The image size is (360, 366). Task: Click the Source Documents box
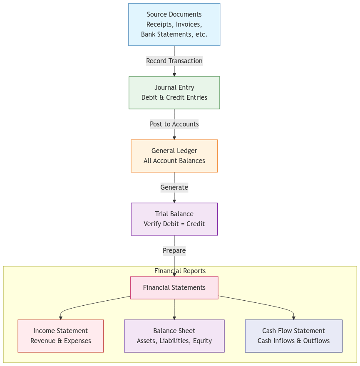(174, 25)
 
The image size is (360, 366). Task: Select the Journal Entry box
(174, 93)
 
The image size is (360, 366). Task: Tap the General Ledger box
(174, 156)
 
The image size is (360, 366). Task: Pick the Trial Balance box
(174, 219)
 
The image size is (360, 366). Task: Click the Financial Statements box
(174, 288)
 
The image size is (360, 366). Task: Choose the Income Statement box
(60, 336)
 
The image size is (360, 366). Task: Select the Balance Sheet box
(174, 336)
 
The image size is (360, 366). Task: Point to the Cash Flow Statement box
(293, 336)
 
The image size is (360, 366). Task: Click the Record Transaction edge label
(174, 61)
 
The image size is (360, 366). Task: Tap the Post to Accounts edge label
(174, 124)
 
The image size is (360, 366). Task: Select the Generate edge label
(174, 188)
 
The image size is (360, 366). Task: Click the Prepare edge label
(174, 251)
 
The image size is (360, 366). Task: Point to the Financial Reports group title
(180, 271)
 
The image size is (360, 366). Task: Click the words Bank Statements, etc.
(174, 35)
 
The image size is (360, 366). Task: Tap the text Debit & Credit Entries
(174, 98)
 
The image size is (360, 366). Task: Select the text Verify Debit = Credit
(174, 224)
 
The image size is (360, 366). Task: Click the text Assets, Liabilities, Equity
(174, 341)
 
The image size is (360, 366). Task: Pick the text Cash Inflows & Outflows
(293, 341)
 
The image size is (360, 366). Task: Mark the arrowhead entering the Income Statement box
(61, 318)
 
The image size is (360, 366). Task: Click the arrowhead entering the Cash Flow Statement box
(293, 318)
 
